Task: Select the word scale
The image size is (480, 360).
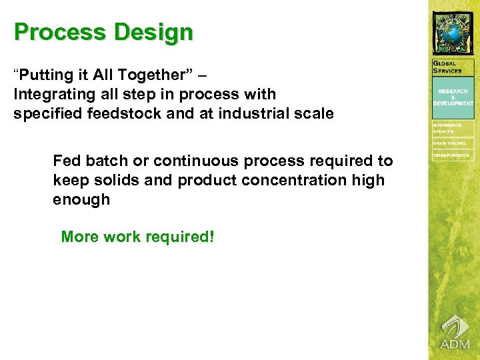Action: coord(314,113)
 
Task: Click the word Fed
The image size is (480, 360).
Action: coord(67,161)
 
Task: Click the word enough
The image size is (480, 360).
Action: coord(81,199)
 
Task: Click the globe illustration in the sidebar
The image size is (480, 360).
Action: coord(453,32)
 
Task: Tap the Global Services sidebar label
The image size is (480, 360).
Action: coord(447,67)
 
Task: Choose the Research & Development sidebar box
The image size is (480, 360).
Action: coord(453,97)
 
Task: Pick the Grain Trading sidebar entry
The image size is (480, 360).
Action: coord(451,143)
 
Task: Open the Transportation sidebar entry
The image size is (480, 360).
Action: coord(453,155)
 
